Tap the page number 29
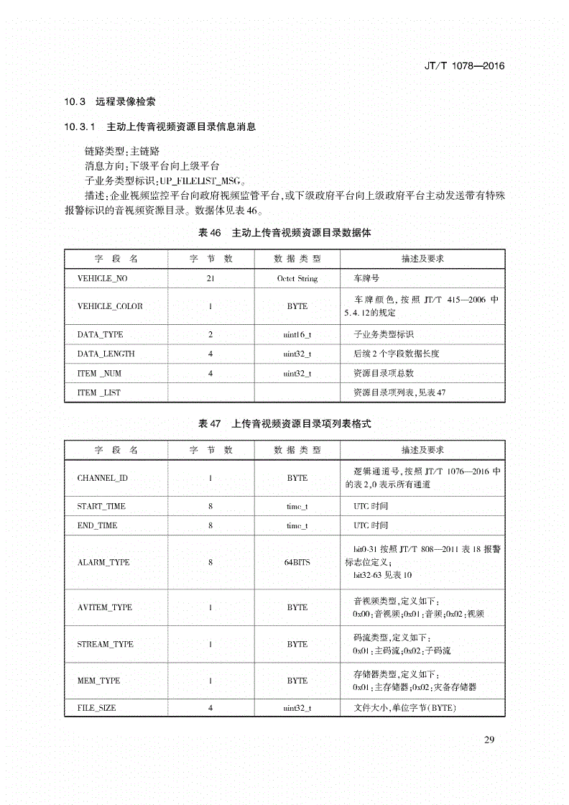click(490, 740)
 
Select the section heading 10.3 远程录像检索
click(114, 101)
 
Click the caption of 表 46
click(284, 234)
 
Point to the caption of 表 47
click(284, 424)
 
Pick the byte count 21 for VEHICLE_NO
click(210, 278)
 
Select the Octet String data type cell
click(297, 278)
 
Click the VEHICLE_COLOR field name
click(110, 306)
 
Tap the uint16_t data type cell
click(297, 334)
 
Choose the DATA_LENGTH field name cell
click(106, 354)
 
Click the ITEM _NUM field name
click(99, 373)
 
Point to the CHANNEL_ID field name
click(102, 478)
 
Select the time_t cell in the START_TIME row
click(297, 507)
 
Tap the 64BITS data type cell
click(297, 562)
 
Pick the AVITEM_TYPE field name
click(105, 607)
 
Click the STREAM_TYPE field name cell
click(105, 644)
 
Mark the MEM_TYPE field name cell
click(98, 680)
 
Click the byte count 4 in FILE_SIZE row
click(210, 708)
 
